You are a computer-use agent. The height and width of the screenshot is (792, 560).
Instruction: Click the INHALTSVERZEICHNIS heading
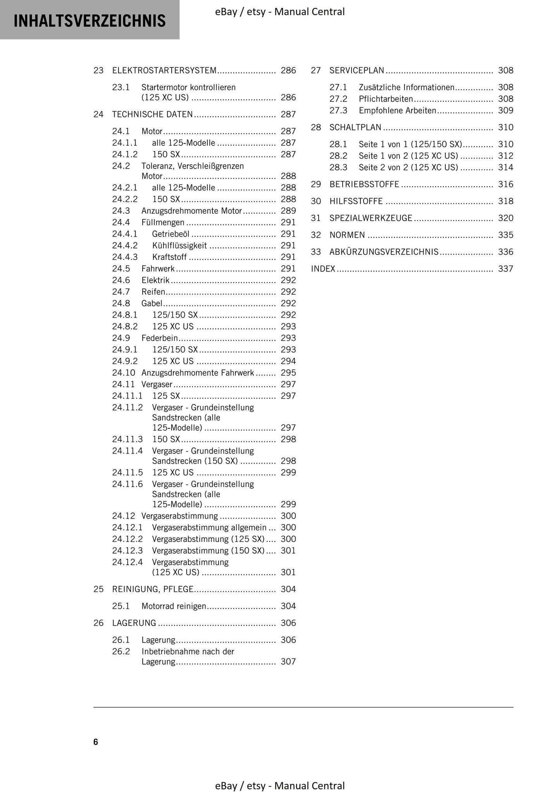[90, 21]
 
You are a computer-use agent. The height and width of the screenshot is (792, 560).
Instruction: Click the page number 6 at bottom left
[96, 742]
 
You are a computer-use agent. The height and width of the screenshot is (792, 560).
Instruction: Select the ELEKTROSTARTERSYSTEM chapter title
[164, 70]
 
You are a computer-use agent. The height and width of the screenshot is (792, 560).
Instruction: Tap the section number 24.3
[121, 211]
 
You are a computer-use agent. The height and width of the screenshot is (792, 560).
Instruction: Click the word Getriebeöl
[171, 234]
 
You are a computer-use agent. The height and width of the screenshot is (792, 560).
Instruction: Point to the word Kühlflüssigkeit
[179, 246]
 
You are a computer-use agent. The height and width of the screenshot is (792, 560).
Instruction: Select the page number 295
[288, 373]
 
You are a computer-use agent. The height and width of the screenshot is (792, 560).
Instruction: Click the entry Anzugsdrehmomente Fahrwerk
[198, 373]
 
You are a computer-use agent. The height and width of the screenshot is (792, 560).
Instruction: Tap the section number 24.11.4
[128, 451]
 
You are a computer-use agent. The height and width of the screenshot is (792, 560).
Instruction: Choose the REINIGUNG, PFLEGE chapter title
[152, 589]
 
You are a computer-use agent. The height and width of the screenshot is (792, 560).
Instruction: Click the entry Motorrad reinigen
[174, 606]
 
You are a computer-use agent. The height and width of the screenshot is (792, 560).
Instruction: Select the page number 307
[288, 661]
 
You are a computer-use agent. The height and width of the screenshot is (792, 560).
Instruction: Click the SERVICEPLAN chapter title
[357, 70]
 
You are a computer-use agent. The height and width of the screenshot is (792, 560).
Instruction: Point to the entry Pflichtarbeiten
[386, 99]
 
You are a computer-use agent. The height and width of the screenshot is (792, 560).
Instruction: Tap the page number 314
[505, 167]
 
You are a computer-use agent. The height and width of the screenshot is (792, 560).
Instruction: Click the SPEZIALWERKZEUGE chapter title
[370, 218]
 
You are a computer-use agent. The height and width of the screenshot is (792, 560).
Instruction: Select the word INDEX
[323, 269]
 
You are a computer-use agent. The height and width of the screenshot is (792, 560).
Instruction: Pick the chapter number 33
[316, 252]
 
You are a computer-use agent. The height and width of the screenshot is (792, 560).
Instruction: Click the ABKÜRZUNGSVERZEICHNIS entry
[384, 252]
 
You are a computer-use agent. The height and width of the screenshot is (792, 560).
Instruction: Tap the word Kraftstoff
[169, 257]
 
